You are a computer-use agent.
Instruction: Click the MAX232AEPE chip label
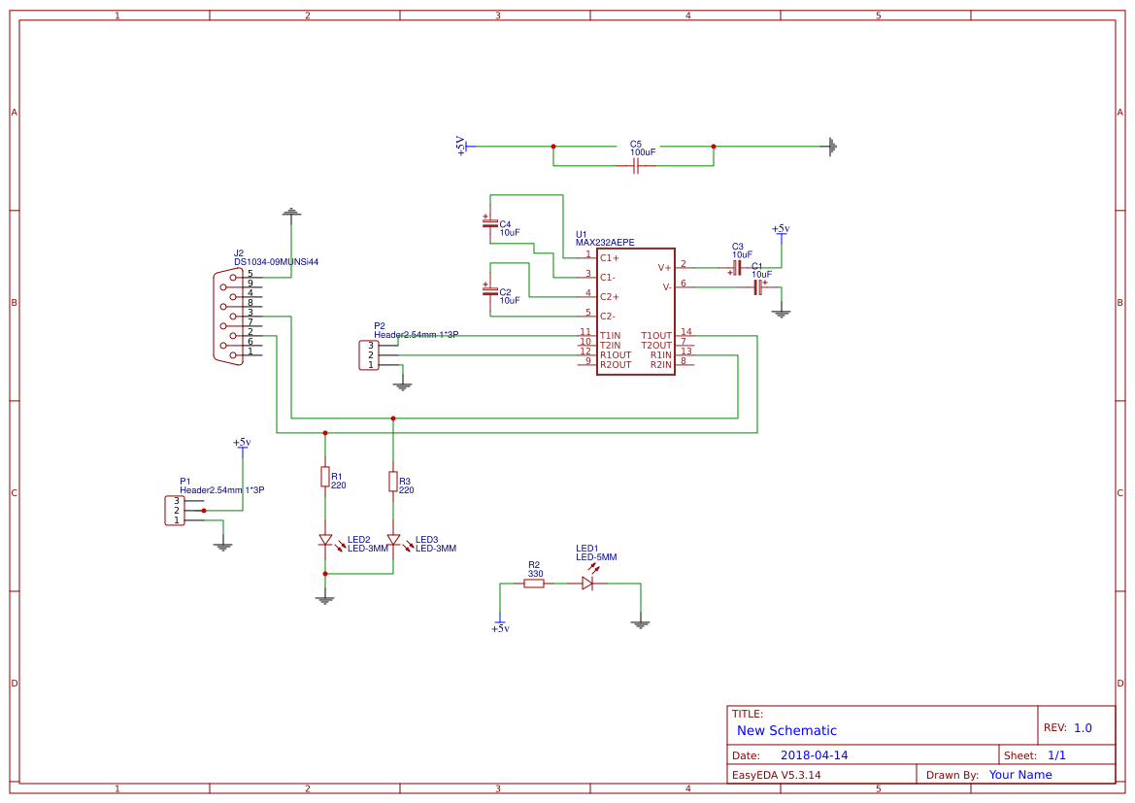click(x=604, y=243)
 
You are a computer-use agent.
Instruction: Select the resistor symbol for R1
click(x=325, y=476)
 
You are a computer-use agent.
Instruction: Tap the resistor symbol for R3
click(x=393, y=481)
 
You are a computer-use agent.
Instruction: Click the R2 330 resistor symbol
click(x=534, y=584)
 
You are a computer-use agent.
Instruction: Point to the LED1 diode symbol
click(x=587, y=583)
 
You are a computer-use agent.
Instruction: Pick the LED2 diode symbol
click(x=325, y=540)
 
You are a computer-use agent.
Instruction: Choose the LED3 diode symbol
click(x=393, y=540)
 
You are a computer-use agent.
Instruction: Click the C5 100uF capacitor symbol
click(x=635, y=166)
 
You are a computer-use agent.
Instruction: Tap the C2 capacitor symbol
click(x=489, y=290)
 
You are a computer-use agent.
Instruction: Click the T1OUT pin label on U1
click(x=656, y=336)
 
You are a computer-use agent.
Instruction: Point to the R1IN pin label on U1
click(x=660, y=355)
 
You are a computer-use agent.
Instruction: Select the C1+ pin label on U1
click(x=609, y=258)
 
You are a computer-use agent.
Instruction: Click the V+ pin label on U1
click(x=664, y=267)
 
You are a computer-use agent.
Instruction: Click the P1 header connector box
click(x=175, y=511)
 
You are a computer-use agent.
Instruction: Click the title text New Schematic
click(x=786, y=730)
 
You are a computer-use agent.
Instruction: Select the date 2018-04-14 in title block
click(x=814, y=755)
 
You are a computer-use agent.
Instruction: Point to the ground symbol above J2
click(x=291, y=212)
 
